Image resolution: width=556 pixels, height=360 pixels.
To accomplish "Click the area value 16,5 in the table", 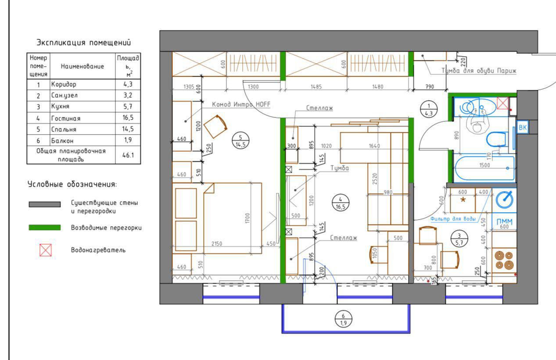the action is pos(128,118).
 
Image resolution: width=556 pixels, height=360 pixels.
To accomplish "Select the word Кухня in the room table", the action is pos(60,107).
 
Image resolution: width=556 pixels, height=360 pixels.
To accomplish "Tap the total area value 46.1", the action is pos(128,155).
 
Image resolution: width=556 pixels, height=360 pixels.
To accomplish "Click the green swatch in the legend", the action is pos(45,228).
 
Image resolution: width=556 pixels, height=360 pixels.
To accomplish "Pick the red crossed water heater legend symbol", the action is pos(46,250).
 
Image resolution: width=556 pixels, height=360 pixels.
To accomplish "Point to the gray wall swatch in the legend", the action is pos(45,204).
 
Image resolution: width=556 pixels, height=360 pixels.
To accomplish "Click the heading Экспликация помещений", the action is pos(84,43).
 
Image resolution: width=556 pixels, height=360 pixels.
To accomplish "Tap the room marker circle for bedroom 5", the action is pos(240,141).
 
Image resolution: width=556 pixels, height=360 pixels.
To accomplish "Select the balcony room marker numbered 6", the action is pos(344,319).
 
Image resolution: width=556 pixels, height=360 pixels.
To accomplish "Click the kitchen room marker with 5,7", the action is pos(459,239).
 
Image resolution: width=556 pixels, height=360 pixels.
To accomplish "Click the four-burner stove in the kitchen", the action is pos(504,260).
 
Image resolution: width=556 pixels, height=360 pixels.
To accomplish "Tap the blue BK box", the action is pos(523,128).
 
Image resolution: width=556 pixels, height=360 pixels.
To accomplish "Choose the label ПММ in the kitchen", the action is pos(504,221).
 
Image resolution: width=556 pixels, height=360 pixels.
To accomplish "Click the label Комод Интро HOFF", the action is pos(241,104).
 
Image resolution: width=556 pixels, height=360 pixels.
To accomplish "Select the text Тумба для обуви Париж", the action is pos(479,71).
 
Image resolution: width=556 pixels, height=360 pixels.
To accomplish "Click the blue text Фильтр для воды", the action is pos(453,219).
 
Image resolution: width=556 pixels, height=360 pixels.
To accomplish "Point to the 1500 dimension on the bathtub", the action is pos(484,165).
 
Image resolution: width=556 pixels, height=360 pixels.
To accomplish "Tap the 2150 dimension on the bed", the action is pos(217,244).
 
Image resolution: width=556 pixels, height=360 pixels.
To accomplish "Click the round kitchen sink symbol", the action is pos(505,200).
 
